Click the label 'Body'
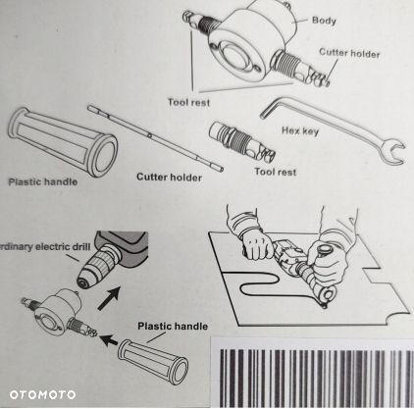(x=324, y=21)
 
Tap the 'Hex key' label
(x=300, y=131)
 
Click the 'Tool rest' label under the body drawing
(x=188, y=102)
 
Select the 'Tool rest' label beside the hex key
(x=276, y=172)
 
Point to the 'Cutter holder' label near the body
(x=349, y=53)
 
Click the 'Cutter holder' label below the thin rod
(x=169, y=177)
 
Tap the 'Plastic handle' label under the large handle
(x=43, y=181)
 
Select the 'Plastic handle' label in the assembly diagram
(x=173, y=326)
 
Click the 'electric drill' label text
(x=62, y=246)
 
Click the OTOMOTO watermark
(x=42, y=394)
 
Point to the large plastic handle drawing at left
(x=62, y=142)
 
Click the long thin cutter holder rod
(x=155, y=138)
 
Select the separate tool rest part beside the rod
(x=242, y=142)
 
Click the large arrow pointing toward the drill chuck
(x=110, y=298)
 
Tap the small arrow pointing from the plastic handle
(x=109, y=340)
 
